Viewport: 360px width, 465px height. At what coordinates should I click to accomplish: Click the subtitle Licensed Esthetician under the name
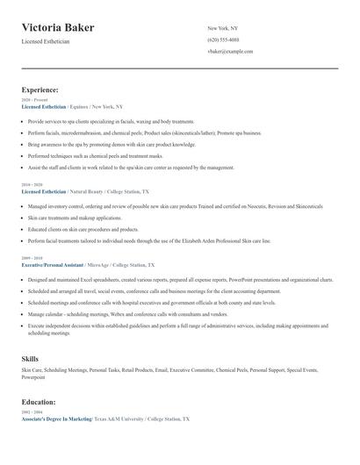point(46,41)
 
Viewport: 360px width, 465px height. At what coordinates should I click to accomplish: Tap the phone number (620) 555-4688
point(223,40)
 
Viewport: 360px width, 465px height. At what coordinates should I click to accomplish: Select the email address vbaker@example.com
point(230,53)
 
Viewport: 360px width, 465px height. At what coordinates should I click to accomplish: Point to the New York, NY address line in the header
point(223,28)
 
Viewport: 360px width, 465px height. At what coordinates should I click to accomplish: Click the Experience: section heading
point(40,89)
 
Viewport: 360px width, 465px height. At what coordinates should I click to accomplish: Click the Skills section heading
point(30,359)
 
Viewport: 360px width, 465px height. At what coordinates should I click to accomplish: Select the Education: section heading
point(39,402)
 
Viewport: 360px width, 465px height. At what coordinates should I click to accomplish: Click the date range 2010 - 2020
point(31,185)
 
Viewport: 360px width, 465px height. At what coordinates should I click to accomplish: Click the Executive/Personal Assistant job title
point(53,264)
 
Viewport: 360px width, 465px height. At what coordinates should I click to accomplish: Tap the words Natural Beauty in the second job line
point(86,190)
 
